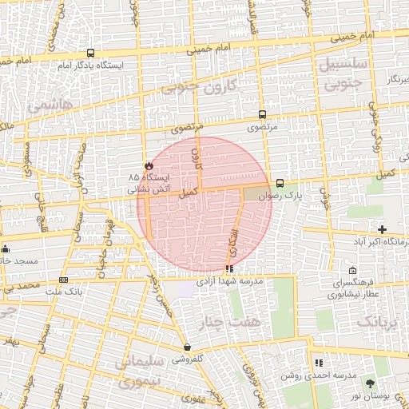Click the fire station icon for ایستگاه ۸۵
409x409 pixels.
(x=147, y=164)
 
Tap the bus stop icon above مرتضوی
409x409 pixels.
(x=263, y=115)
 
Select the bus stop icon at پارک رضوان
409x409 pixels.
(x=279, y=183)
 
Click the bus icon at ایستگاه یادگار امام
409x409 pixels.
(x=90, y=53)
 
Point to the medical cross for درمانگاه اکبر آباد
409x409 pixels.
(x=383, y=230)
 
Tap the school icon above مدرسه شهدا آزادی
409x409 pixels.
(x=229, y=269)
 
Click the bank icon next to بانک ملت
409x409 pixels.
(x=63, y=280)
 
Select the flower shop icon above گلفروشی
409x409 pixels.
(x=187, y=347)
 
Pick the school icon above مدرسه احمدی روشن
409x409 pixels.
(x=319, y=363)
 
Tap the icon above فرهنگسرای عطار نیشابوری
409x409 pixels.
(x=354, y=271)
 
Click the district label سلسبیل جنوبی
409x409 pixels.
(x=346, y=71)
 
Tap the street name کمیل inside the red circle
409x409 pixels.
(x=189, y=192)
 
